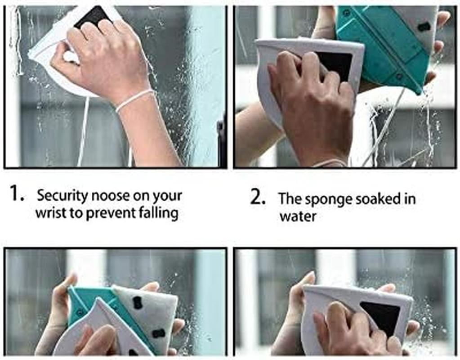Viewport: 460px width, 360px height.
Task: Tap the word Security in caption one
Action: tap(62, 196)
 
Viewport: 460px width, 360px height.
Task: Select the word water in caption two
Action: tap(298, 217)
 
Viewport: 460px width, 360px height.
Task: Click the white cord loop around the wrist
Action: tap(135, 99)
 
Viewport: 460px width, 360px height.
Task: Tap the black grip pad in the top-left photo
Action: tap(93, 17)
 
